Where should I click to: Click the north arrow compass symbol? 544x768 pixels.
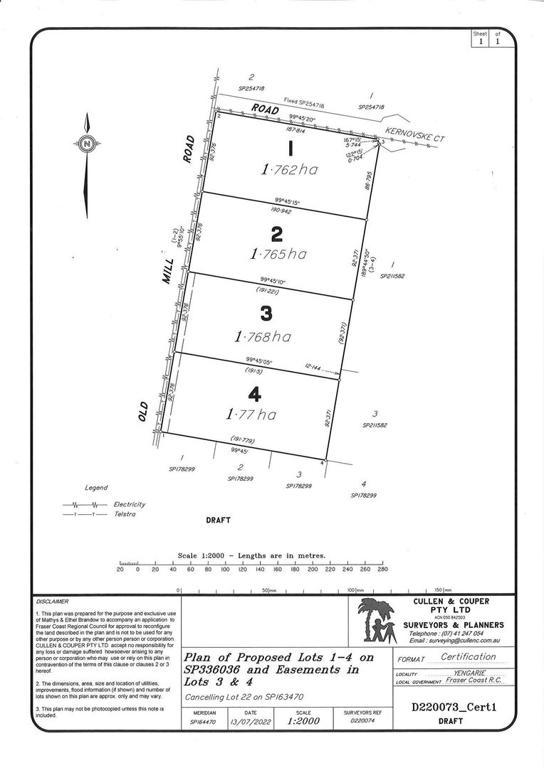tap(86, 144)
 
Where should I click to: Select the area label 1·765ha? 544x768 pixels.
tap(278, 254)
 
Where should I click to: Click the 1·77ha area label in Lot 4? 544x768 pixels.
tap(251, 414)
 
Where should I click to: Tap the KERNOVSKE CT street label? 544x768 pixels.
tap(414, 135)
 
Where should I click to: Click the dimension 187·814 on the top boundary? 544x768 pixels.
tap(295, 131)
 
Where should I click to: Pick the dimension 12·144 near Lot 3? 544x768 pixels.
tap(313, 368)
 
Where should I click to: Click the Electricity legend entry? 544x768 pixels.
tap(129, 504)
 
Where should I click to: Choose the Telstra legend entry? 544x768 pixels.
tap(125, 514)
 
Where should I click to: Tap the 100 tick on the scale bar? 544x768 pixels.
tap(225, 570)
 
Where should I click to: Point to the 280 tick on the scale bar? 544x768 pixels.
tap(382, 570)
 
